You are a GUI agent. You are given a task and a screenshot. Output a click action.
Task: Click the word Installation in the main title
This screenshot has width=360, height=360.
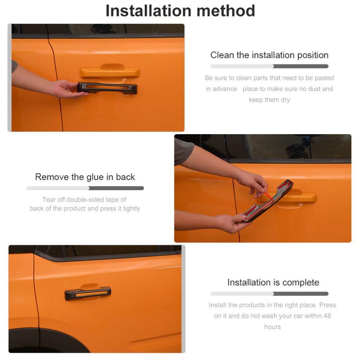(148, 11)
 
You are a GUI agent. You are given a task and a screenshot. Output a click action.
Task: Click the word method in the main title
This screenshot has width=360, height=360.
(226, 11)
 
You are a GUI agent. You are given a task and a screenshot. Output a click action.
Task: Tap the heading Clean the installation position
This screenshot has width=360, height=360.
(269, 55)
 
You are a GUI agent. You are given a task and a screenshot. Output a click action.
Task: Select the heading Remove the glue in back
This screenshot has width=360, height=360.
(85, 177)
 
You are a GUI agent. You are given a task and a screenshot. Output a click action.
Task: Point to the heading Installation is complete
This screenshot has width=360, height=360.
(273, 283)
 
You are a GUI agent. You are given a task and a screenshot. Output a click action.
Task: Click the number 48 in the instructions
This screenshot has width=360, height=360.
(327, 316)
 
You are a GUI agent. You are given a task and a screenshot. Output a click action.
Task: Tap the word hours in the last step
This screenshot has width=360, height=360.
(272, 327)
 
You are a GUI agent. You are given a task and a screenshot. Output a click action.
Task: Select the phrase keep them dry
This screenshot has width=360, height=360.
(269, 100)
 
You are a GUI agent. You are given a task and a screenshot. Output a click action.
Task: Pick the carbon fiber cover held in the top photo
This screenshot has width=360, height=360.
(107, 88)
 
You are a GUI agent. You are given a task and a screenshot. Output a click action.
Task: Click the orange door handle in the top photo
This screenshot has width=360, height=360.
(110, 72)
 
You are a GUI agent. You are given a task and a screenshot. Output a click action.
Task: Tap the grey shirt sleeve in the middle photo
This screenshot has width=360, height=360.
(184, 151)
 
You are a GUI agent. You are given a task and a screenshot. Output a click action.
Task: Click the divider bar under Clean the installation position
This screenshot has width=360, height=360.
(269, 67)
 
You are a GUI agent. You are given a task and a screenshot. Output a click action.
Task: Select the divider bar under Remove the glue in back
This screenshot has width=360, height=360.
(85, 188)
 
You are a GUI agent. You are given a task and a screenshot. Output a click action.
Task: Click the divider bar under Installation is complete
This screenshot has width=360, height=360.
(269, 293)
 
